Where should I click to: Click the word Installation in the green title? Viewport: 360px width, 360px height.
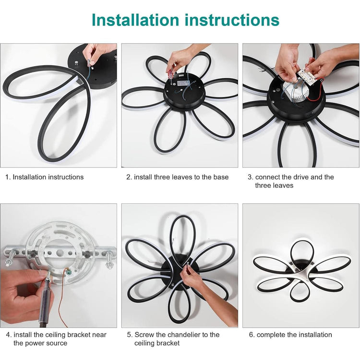tap(135, 20)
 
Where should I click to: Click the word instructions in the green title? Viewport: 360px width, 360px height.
tap(232, 20)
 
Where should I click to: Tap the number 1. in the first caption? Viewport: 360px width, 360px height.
tap(8, 177)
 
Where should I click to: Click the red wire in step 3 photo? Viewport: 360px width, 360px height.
tap(316, 93)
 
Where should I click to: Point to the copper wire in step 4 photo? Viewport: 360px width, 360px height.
tap(61, 299)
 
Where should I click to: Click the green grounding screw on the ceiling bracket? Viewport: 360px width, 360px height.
tap(69, 272)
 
